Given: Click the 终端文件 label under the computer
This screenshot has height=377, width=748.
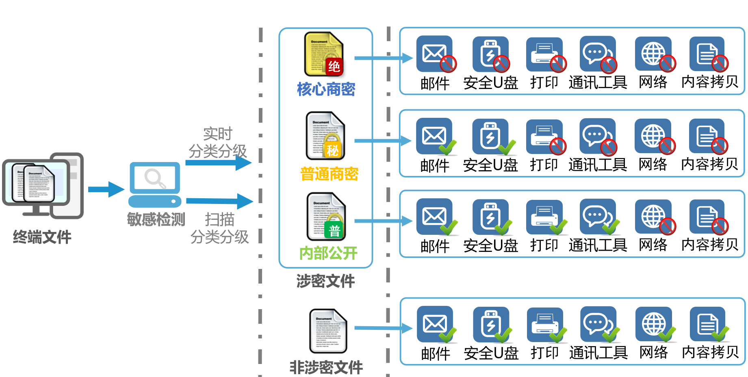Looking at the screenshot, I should pyautogui.click(x=42, y=237).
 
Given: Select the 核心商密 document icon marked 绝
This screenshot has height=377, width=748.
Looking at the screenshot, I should pyautogui.click(x=324, y=54).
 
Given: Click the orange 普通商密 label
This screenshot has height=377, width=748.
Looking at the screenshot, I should pyautogui.click(x=329, y=174).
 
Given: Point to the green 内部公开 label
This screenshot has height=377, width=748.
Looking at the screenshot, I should pyautogui.click(x=328, y=253).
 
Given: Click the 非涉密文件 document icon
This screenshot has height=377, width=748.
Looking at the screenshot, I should pyautogui.click(x=328, y=331).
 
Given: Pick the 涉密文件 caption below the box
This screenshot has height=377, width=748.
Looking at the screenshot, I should pyautogui.click(x=325, y=281).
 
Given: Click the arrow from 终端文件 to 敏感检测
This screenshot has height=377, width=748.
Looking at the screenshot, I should pyautogui.click(x=106, y=189).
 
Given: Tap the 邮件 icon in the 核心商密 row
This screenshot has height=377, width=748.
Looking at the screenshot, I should pyautogui.click(x=434, y=54).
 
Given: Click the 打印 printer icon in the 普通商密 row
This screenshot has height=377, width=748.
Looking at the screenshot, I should pyautogui.click(x=544, y=136).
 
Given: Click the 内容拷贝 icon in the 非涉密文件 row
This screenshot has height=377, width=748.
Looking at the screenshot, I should pyautogui.click(x=708, y=324).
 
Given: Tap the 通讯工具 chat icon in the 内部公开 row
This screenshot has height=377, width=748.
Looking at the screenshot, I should pyautogui.click(x=598, y=217).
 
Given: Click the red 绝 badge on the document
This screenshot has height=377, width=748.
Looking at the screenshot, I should pyautogui.click(x=334, y=66).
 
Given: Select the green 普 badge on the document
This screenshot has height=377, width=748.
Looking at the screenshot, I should pyautogui.click(x=334, y=231).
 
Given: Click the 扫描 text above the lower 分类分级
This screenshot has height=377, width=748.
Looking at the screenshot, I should pyautogui.click(x=219, y=220).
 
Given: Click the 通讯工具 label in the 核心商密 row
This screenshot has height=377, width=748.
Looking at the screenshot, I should pyautogui.click(x=598, y=82).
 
